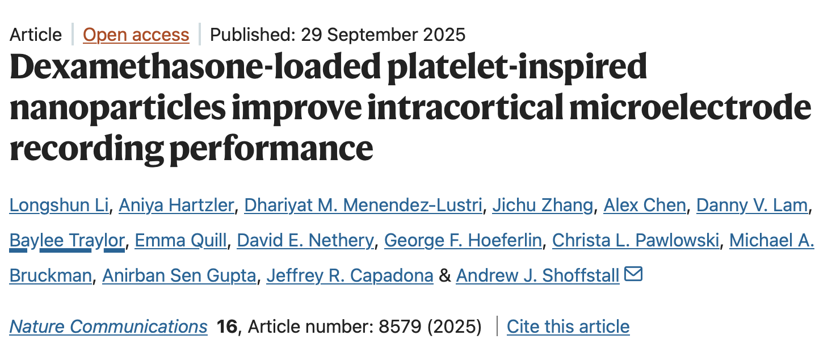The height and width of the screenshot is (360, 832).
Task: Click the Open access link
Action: (136, 35)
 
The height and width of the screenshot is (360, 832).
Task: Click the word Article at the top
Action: (36, 35)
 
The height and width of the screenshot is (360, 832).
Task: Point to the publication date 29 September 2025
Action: (383, 35)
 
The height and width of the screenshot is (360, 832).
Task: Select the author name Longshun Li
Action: (59, 205)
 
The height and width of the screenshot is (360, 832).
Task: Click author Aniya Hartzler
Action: (176, 205)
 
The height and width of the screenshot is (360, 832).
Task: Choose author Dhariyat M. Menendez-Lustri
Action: (363, 205)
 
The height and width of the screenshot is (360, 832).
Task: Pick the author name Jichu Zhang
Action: (542, 205)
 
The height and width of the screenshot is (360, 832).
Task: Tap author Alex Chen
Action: (644, 205)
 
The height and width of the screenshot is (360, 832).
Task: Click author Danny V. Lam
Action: (751, 205)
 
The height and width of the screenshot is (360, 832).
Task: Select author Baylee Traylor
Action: (67, 240)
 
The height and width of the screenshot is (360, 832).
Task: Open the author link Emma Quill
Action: (180, 240)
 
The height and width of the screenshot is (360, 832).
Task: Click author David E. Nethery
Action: (305, 240)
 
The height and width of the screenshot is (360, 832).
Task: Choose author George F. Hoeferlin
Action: (463, 240)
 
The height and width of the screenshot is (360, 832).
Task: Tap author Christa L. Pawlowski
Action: (635, 240)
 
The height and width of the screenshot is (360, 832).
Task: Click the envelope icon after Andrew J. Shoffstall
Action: (633, 275)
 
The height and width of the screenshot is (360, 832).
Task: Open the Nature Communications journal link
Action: (108, 326)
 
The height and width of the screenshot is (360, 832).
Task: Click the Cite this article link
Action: (568, 326)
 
